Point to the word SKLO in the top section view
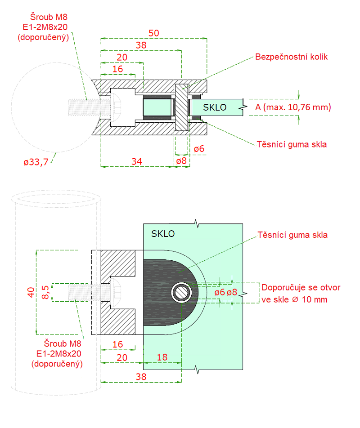click(x=215, y=107)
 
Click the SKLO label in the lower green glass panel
click(x=163, y=234)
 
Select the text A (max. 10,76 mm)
click(x=293, y=107)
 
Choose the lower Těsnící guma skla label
click(x=292, y=235)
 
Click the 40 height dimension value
click(x=30, y=292)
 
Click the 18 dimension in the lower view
click(x=162, y=357)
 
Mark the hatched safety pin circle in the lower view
click(x=182, y=293)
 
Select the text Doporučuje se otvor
click(x=301, y=287)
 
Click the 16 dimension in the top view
click(x=117, y=69)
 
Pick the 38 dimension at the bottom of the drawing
click(x=141, y=377)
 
